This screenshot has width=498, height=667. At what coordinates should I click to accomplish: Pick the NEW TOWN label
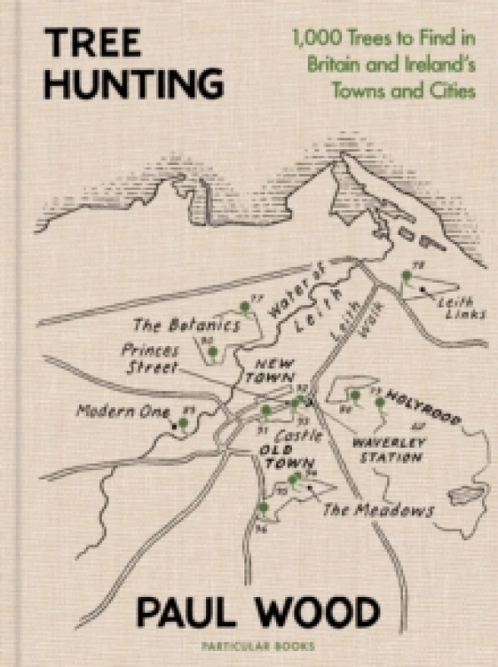pos(273,370)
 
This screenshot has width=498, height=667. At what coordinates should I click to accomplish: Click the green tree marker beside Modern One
pos(184,424)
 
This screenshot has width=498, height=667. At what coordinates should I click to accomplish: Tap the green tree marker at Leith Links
pos(407,277)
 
